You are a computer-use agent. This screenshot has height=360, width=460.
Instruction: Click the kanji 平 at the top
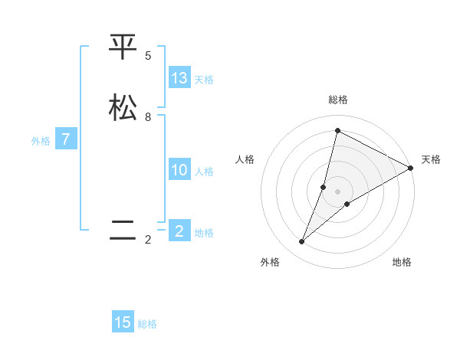click(x=123, y=47)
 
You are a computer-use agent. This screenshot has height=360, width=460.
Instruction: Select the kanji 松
click(x=123, y=107)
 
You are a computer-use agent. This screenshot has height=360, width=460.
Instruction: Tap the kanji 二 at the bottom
click(x=123, y=230)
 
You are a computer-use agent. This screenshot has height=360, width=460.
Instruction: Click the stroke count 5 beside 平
click(x=148, y=56)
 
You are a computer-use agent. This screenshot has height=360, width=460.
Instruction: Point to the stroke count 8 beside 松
click(x=148, y=117)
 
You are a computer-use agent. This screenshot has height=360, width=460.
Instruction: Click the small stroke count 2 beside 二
click(x=148, y=240)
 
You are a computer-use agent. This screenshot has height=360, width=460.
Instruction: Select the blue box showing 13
click(x=179, y=78)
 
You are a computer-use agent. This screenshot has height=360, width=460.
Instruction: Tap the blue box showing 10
click(x=179, y=170)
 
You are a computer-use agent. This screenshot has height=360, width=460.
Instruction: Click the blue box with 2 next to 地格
click(x=179, y=231)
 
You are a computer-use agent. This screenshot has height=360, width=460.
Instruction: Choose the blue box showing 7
click(x=66, y=139)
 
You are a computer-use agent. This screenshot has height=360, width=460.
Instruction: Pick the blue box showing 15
click(x=123, y=322)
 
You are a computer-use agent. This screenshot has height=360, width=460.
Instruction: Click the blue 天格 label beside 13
click(x=204, y=80)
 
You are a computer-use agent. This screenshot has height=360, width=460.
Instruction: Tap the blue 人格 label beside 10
click(x=204, y=172)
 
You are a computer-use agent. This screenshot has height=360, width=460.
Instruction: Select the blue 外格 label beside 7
click(x=41, y=141)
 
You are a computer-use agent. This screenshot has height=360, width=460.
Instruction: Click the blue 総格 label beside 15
click(x=147, y=324)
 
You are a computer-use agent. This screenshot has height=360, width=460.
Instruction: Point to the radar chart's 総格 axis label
click(x=338, y=100)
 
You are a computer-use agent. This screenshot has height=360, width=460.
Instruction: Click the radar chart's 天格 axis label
click(x=431, y=159)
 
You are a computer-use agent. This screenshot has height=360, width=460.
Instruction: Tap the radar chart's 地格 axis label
click(x=402, y=262)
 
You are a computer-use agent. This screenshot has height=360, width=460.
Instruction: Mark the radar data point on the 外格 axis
click(x=302, y=242)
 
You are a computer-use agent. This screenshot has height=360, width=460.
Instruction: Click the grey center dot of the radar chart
click(x=338, y=191)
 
